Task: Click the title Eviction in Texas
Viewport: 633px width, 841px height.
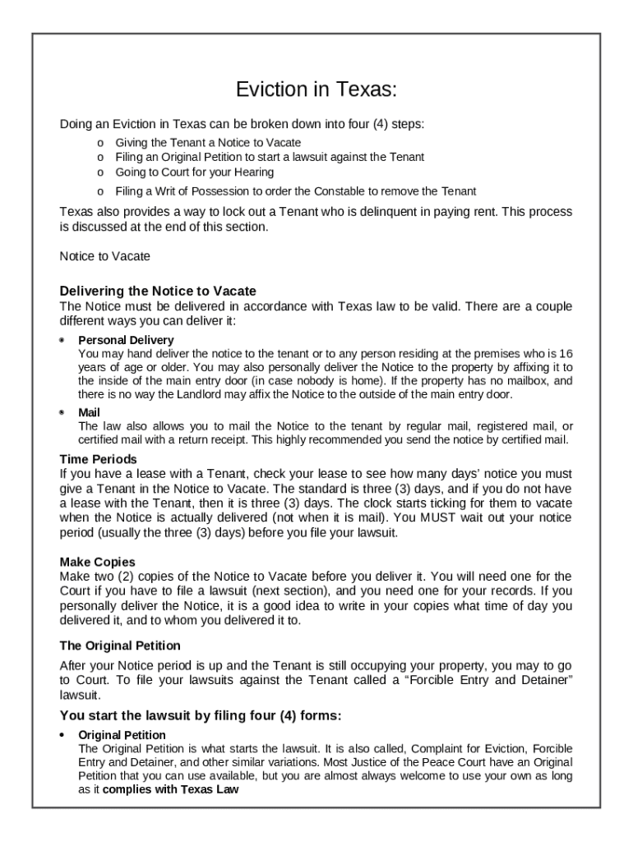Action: point(316,89)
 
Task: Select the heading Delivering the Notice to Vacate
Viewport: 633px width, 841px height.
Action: point(158,291)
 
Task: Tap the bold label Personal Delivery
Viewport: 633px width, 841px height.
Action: point(126,340)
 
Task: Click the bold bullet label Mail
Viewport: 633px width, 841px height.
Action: point(89,413)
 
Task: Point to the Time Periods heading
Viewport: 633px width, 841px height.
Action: point(99,459)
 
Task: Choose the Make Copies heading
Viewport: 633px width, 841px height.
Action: point(97,562)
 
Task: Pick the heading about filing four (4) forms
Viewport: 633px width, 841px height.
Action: point(200,715)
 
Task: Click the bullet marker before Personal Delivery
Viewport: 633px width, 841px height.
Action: point(63,340)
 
